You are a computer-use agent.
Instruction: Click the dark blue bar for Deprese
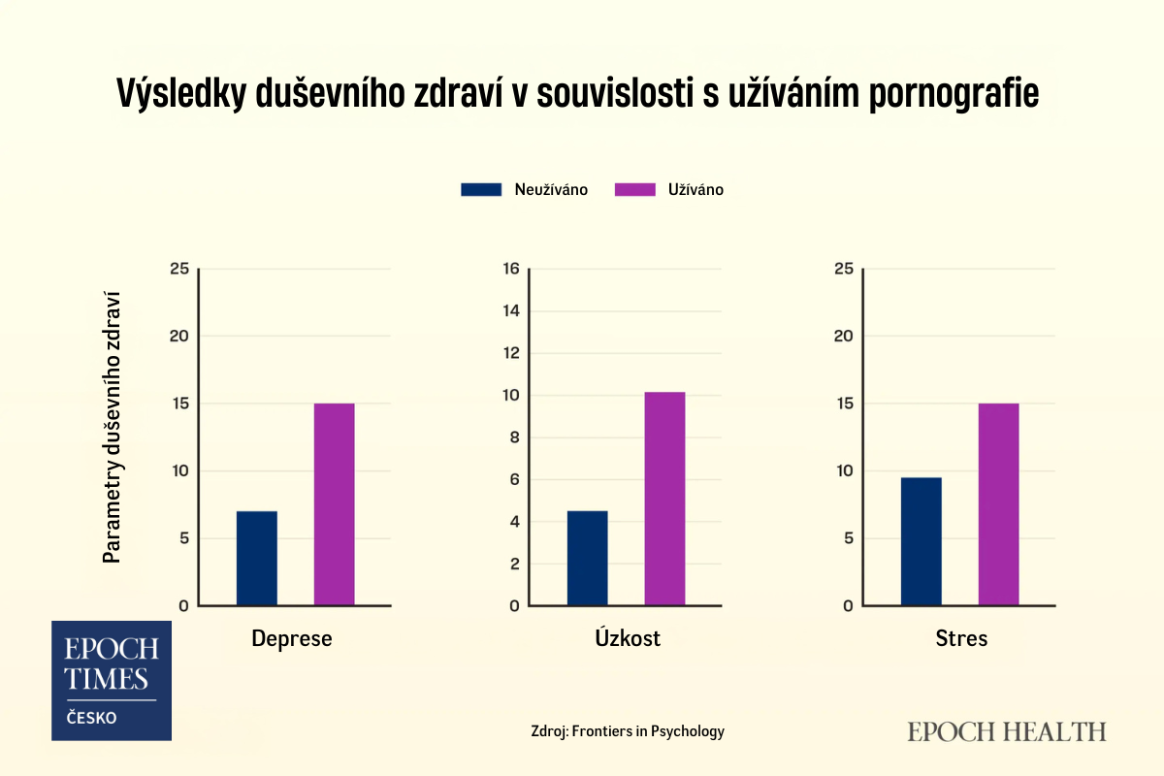[x=257, y=559]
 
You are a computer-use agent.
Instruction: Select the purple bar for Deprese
[x=335, y=504]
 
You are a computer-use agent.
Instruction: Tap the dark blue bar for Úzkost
[x=588, y=559]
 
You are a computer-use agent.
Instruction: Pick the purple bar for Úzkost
[x=665, y=499]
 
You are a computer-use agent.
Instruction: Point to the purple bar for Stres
[x=998, y=504]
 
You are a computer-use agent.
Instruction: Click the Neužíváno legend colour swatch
[x=481, y=190]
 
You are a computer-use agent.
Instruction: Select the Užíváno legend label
[x=695, y=190]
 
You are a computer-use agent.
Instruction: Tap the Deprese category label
[x=292, y=638]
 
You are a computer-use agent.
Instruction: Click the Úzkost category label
[x=628, y=638]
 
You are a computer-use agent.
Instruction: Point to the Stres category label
[x=961, y=638]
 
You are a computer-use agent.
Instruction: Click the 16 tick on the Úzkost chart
[x=511, y=269]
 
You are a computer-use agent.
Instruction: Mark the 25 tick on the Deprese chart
[x=178, y=269]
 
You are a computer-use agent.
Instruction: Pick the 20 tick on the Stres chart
[x=843, y=337]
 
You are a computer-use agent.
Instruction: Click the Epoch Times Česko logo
[x=112, y=680]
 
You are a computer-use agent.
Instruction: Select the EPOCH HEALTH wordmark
[x=1007, y=731]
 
